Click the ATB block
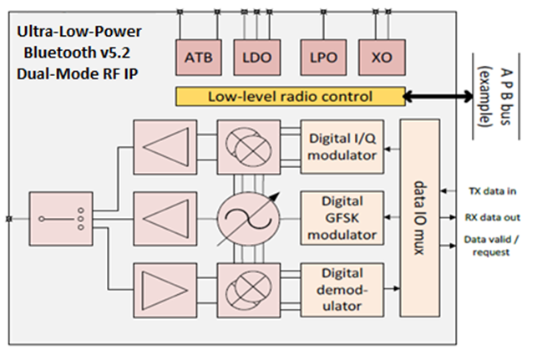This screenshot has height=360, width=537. click(x=199, y=57)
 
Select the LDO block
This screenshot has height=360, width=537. click(x=257, y=57)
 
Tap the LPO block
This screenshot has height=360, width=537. click(x=324, y=57)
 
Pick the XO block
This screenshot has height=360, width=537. click(x=382, y=57)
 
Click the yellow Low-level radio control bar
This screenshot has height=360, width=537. click(x=291, y=96)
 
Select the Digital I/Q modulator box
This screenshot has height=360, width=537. click(x=342, y=147)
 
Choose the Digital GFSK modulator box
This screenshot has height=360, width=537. click(x=342, y=218)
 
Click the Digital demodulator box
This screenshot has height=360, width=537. click(x=342, y=290)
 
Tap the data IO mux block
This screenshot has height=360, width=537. click(x=420, y=218)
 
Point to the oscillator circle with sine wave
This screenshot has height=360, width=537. click(x=249, y=219)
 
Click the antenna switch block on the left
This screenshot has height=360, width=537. click(x=61, y=219)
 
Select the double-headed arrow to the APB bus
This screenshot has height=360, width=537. click(x=438, y=96)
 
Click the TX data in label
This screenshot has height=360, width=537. click(x=493, y=191)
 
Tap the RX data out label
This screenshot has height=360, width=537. click(x=493, y=217)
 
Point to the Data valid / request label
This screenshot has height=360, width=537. click(x=491, y=246)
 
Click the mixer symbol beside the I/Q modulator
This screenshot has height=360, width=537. click(x=249, y=147)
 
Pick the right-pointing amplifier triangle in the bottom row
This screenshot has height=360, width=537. click(x=165, y=291)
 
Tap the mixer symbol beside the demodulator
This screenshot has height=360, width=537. click(x=249, y=291)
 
